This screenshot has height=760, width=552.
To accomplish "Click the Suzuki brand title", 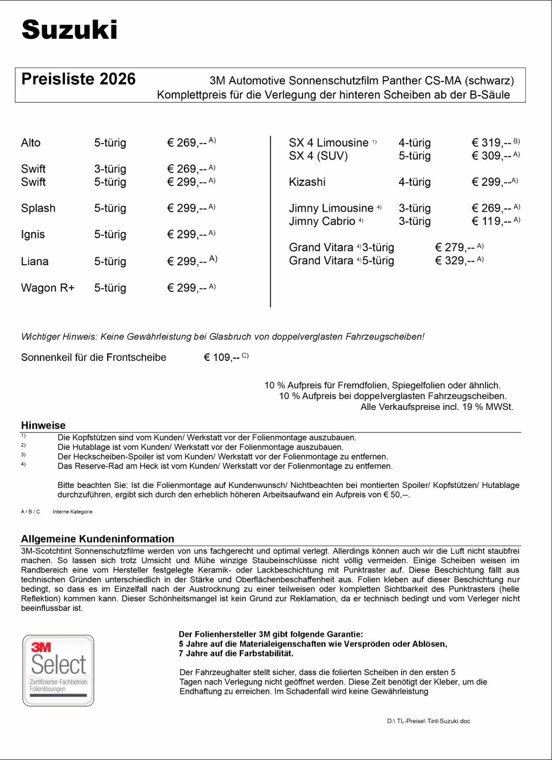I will click(70, 30).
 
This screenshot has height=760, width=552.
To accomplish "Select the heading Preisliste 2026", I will click(78, 79).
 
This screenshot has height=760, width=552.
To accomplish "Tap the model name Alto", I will click(31, 143).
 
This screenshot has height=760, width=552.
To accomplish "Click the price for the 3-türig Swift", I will click(187, 169).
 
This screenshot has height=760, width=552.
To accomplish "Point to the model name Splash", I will click(38, 208).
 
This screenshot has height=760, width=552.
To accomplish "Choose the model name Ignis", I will click(33, 234).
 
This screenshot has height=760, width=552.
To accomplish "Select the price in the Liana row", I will click(187, 261).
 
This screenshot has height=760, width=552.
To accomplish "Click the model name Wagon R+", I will click(48, 288).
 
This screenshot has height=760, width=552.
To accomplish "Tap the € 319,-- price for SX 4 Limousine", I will click(491, 143).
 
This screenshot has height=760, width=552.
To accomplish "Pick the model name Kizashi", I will click(307, 182).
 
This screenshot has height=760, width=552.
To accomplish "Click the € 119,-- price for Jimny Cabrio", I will click(491, 221).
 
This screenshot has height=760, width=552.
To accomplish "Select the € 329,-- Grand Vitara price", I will click(455, 261).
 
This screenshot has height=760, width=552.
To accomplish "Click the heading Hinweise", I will click(43, 425).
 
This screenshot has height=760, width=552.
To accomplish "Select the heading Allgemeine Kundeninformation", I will click(97, 539).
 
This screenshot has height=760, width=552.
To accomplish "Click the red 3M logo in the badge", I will click(41, 648).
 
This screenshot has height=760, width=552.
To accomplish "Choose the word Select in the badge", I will click(59, 665).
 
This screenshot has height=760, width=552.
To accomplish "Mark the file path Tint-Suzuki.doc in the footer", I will click(449, 721).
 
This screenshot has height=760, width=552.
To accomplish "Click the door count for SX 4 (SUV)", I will click(415, 156).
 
